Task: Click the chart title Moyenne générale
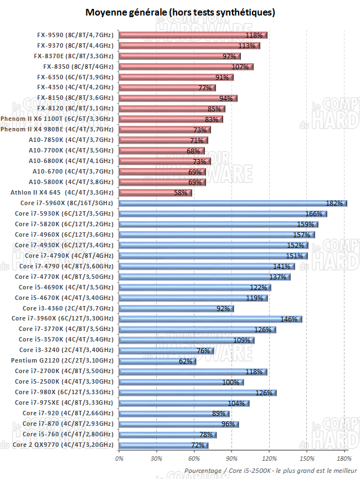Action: pos(180,12)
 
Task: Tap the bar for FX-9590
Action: pos(193,35)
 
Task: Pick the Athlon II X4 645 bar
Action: pos(155,193)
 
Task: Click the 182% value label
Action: pos(335,203)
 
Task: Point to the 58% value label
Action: pos(181,193)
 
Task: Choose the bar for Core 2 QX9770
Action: pos(163,445)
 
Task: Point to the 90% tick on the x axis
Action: pos(232,458)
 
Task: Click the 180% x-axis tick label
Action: pos(344,458)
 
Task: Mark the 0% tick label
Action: pos(119,458)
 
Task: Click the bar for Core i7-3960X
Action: pos(210,319)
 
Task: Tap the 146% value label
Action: pos(290,319)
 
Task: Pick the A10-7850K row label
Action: pos(71,140)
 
